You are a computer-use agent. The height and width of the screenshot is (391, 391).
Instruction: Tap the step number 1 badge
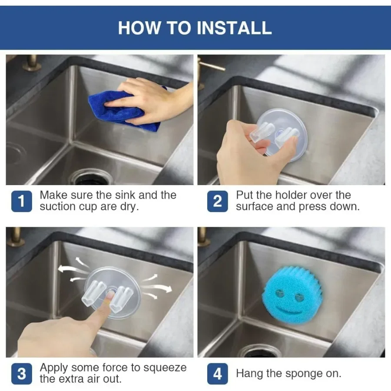coord(22,201)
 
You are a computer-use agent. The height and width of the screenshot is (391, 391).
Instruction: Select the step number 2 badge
coord(218,201)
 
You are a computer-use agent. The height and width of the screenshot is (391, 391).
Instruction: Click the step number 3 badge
coord(22,374)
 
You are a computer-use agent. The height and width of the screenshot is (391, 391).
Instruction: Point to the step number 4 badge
coord(218,374)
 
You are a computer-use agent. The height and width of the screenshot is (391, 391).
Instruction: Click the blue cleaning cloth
coord(122,110)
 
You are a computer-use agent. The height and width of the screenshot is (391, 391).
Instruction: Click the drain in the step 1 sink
coord(92,177)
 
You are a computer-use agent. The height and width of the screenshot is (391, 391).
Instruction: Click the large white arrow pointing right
coord(159,288)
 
